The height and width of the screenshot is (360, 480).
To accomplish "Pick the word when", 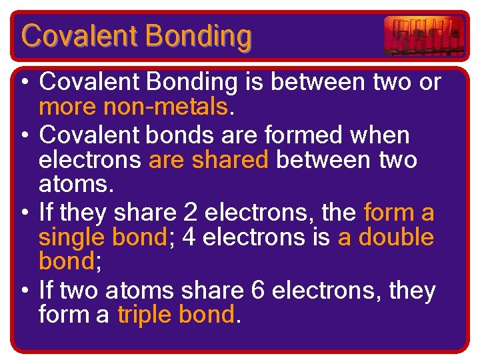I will coord(385,136).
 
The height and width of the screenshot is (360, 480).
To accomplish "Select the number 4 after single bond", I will coord(188,238).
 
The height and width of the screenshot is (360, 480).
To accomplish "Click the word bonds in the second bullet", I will coord(178,136).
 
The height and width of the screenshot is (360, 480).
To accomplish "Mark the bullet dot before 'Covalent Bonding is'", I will coord(23,83).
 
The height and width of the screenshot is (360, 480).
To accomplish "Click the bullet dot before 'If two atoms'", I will coord(23,291).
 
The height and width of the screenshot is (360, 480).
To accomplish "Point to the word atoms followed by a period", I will coord(67,185).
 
